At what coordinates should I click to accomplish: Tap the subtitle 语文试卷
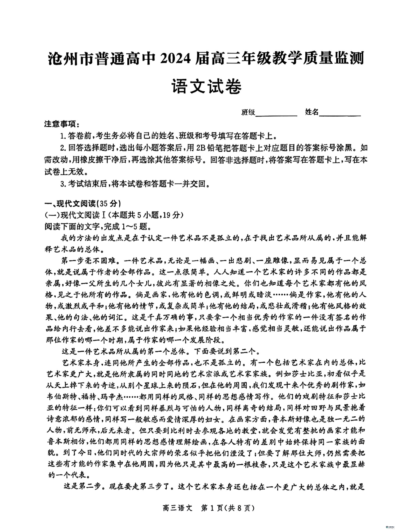[207, 86]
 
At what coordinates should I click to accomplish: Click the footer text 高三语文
[177, 508]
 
